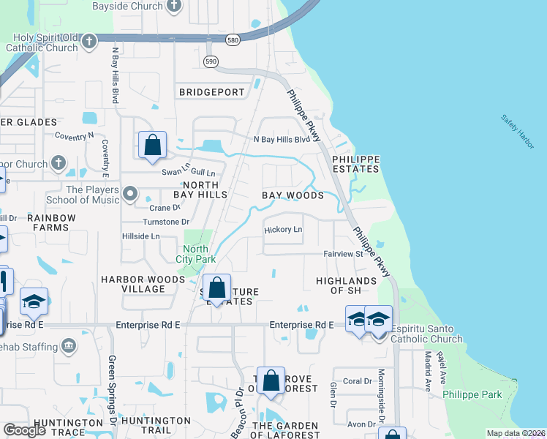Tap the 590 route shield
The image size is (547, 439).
211,61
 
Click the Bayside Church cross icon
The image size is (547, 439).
173,7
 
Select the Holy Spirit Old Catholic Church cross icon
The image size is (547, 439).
89,41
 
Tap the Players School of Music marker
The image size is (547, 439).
130,194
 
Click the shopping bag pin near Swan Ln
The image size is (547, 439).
152,145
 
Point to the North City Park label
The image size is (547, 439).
196,254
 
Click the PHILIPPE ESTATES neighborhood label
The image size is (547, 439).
356,164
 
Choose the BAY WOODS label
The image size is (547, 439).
293,195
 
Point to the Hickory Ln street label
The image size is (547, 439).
283,230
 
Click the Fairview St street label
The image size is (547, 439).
343,255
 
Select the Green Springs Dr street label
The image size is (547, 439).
113,380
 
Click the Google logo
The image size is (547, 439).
25,430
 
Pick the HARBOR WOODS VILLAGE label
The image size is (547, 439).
133,284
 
